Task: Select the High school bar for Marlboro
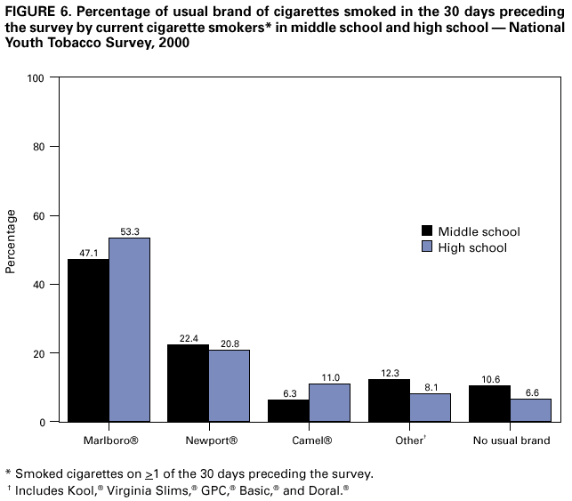click(129, 329)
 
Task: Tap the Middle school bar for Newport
click(188, 383)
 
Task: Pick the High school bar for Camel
click(329, 402)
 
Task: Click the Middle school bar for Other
click(389, 400)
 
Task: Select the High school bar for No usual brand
click(531, 409)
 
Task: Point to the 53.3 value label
click(129, 230)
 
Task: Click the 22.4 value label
click(188, 337)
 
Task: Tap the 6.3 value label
click(288, 392)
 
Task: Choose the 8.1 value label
click(430, 386)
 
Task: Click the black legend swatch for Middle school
click(427, 231)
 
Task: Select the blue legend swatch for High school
click(427, 247)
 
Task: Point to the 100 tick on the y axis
click(36, 78)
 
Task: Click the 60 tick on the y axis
click(38, 215)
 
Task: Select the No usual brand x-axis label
click(512, 440)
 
